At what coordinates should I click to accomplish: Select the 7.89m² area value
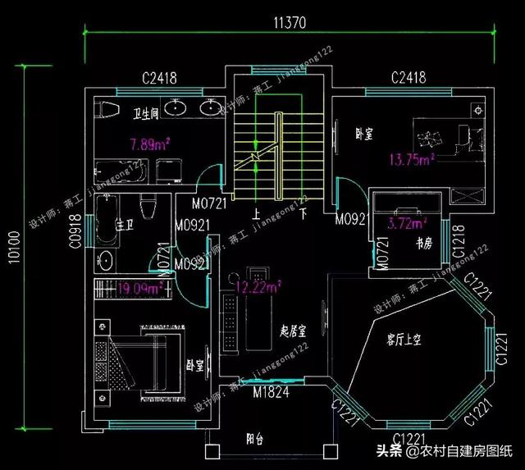[150, 145]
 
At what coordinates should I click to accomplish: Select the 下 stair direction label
[303, 217]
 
